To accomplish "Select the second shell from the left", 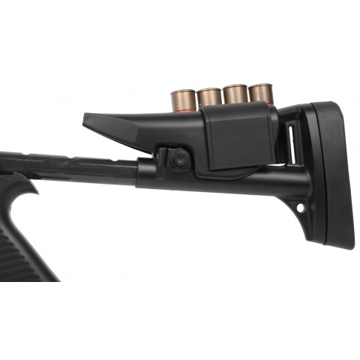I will point(209,97).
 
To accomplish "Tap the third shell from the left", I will point(235,94).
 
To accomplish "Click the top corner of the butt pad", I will point(330,105).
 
